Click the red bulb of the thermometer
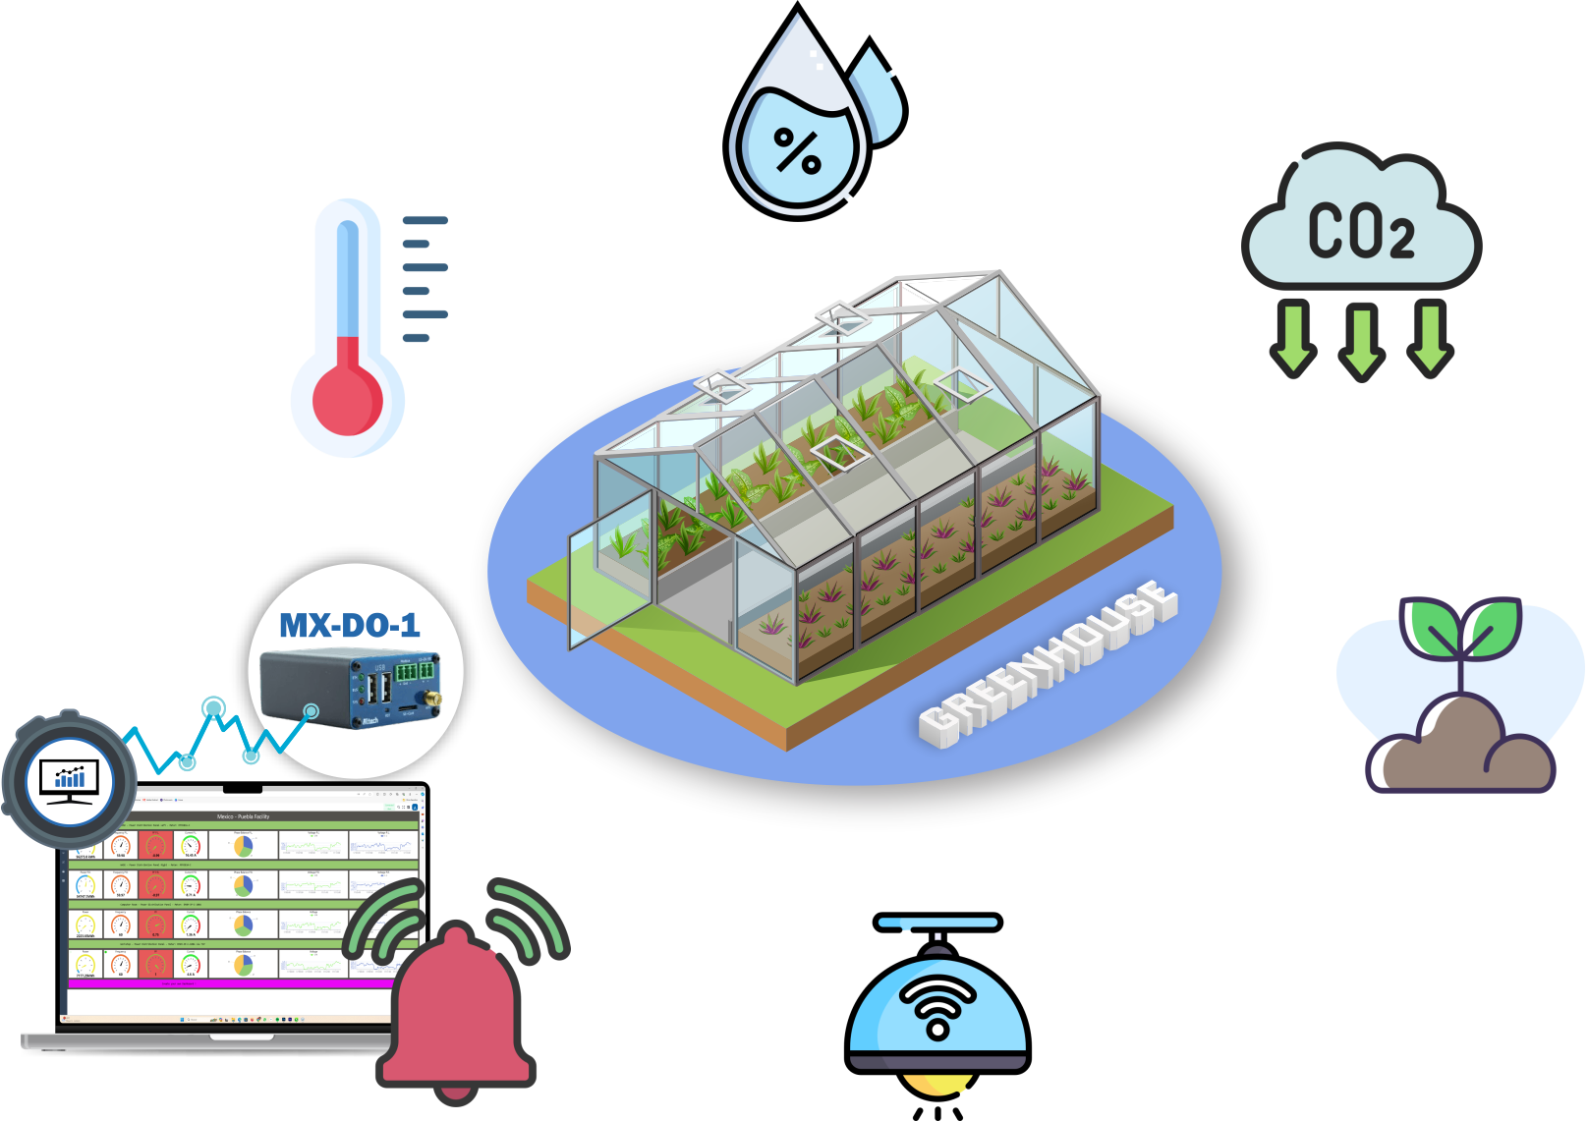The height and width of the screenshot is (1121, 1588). pos(348,400)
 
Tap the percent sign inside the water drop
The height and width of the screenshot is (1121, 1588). pos(797,151)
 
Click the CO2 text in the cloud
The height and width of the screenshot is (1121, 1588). pos(1361,233)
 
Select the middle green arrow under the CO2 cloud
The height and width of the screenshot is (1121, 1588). pos(1362,340)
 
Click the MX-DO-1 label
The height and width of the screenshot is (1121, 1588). pos(350,626)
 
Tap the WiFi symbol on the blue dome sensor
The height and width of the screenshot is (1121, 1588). pos(938,1007)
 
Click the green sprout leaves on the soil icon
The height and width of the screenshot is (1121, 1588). pos(1461,629)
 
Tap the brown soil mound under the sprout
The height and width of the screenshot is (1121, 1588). pos(1462,747)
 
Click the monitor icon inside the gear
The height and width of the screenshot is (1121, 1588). pos(69,780)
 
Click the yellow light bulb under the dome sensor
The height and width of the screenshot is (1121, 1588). pos(938,1087)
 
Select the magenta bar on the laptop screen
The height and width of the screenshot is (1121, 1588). pos(241,982)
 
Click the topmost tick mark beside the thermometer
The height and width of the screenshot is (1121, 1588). pos(425,220)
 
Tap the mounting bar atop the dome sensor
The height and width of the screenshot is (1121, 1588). pos(938,923)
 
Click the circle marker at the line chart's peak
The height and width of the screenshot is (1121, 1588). pos(213,706)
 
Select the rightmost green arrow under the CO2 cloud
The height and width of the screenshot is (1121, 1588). pos(1430,339)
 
